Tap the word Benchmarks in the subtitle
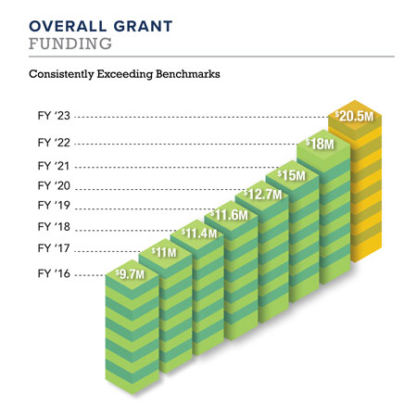coord(185,72)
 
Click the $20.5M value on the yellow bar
coord(355,117)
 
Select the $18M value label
coord(320,145)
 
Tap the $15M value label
coord(289,174)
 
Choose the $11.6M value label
coord(226,214)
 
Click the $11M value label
coord(164,251)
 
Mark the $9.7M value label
coord(131,275)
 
